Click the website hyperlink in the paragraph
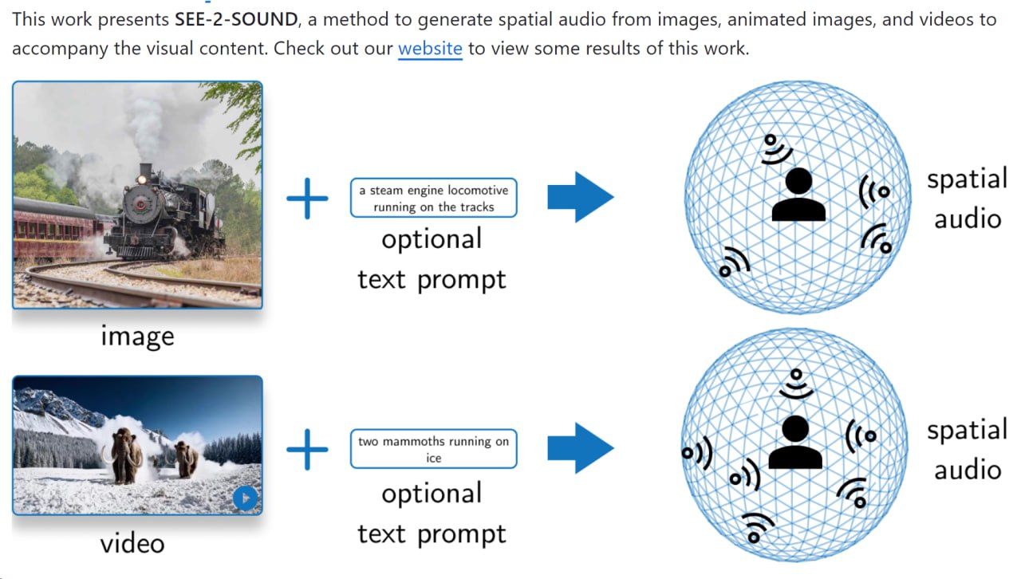[x=430, y=48]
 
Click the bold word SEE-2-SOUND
[x=235, y=19]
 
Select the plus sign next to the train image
[x=307, y=198]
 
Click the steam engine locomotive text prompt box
[x=433, y=199]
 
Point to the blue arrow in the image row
[x=580, y=197]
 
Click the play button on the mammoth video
[x=246, y=498]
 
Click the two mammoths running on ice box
[x=433, y=449]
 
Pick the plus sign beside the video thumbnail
[x=307, y=448]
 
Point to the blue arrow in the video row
[x=580, y=448]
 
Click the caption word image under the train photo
[x=137, y=336]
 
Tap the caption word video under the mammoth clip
[x=132, y=544]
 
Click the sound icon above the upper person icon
[x=774, y=148]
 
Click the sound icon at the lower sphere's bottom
[x=757, y=527]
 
